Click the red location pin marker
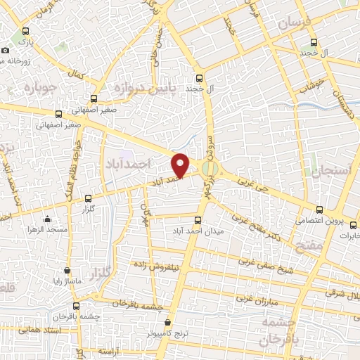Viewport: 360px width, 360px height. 181,164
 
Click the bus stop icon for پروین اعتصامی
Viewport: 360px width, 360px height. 320,210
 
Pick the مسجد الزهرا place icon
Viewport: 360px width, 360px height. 46,219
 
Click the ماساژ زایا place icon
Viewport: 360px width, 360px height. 67,269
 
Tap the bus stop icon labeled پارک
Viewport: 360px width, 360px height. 26,31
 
